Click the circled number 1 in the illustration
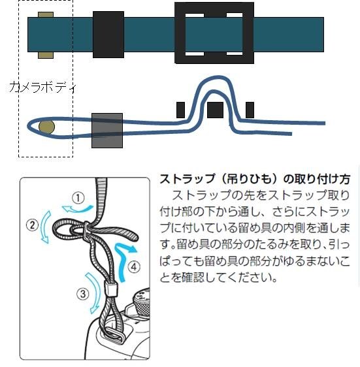[78, 199]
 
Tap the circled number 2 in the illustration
[32, 225]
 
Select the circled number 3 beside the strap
[83, 294]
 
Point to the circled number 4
[134, 267]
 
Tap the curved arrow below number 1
[77, 209]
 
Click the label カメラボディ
[42, 88]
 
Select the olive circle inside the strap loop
[46, 127]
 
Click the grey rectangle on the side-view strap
[107, 131]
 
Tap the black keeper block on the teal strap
[108, 35]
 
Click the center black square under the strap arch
[215, 110]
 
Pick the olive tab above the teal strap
[46, 14]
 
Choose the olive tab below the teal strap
[46, 55]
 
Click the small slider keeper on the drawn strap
[110, 289]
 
